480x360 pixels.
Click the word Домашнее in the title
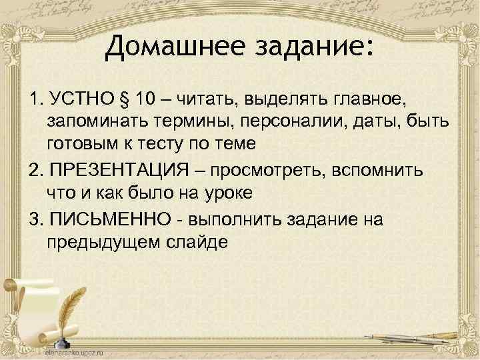click(x=163, y=47)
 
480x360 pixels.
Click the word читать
click(x=205, y=101)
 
